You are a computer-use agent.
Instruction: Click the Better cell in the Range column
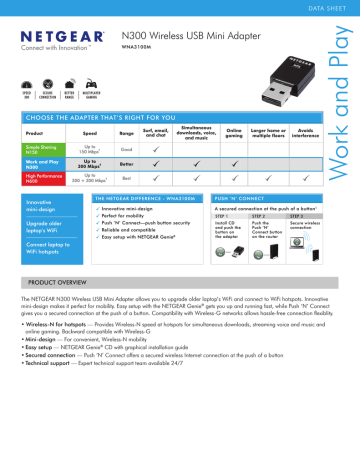pyautogui.click(x=126, y=163)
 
